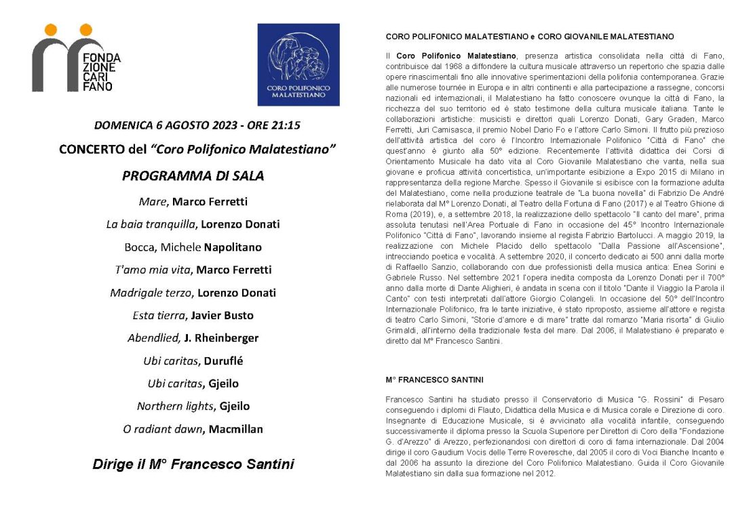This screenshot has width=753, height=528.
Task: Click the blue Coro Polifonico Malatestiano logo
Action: (298, 65)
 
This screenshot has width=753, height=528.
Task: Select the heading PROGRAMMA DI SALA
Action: (193, 176)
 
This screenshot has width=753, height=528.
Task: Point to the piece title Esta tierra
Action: (159, 315)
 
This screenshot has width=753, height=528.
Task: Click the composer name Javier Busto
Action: (223, 315)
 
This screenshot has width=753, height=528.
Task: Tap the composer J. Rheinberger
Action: (221, 338)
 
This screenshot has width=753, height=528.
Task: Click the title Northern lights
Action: (174, 406)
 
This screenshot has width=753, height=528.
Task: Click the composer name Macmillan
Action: (235, 429)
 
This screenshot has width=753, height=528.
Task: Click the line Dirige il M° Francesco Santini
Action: (193, 464)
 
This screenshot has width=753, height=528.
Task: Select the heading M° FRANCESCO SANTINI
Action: (434, 379)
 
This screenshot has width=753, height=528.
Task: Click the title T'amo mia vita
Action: (153, 270)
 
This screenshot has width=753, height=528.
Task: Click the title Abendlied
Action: (153, 338)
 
